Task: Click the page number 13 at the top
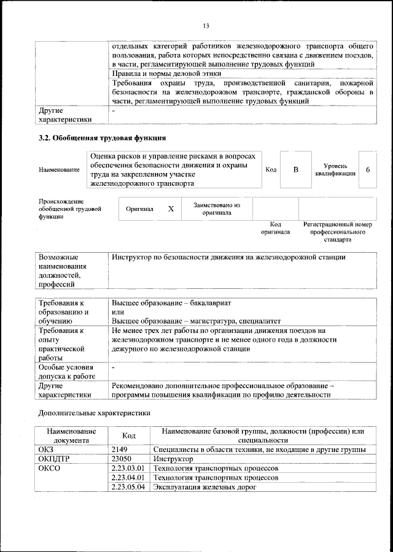(206, 25)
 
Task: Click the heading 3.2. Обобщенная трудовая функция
(103, 139)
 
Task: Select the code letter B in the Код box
(295, 169)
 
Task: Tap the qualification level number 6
(367, 169)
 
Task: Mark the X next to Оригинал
(171, 209)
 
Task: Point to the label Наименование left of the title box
(59, 169)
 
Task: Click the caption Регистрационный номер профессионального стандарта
(338, 232)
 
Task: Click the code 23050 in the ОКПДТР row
(122, 458)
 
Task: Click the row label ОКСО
(50, 468)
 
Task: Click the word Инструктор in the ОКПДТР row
(173, 458)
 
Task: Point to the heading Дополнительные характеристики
(94, 413)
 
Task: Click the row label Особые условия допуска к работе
(66, 371)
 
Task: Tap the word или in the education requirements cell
(118, 312)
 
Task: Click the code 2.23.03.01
(128, 468)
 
